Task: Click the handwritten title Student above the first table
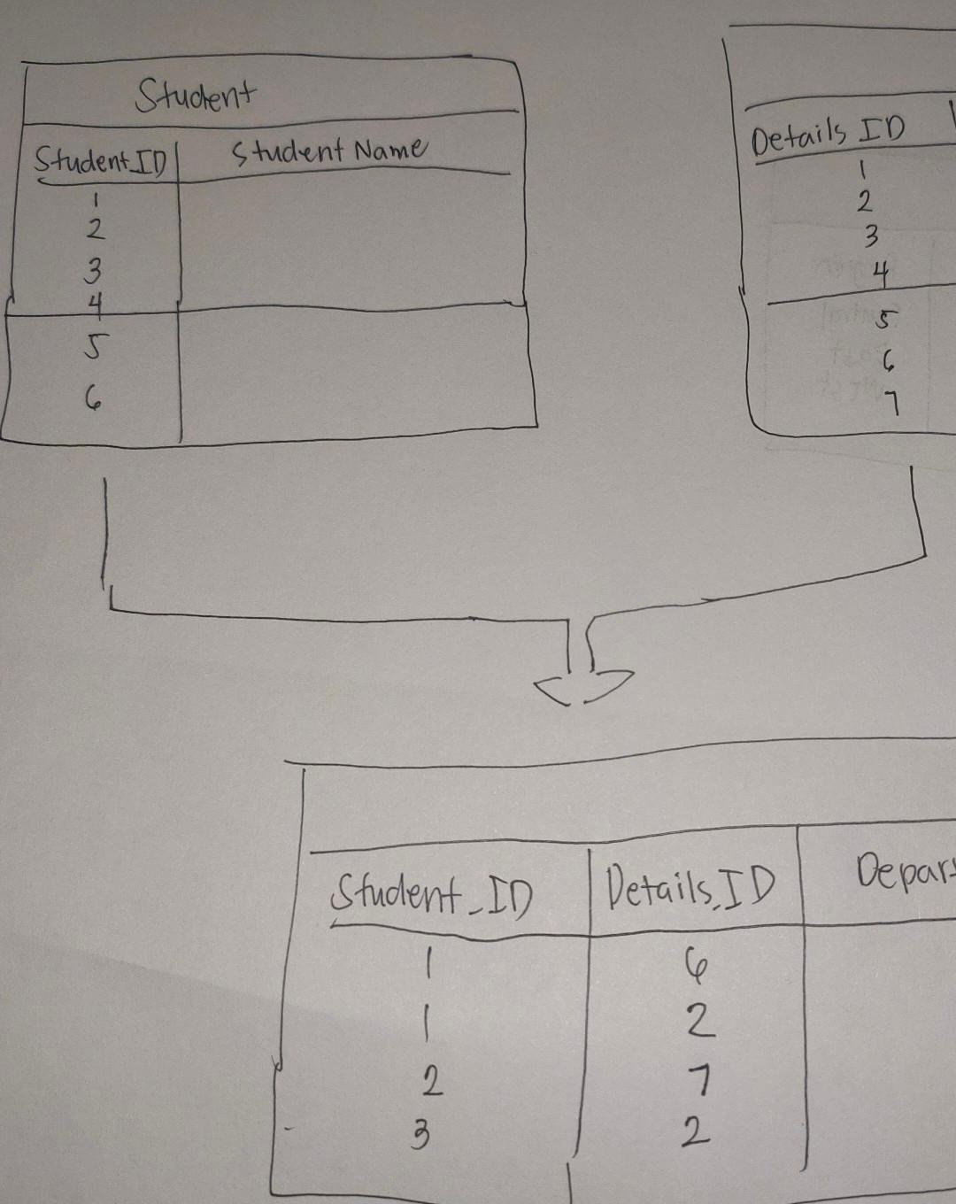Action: (x=196, y=94)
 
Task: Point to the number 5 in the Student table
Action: (x=92, y=348)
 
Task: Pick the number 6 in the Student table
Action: (x=92, y=400)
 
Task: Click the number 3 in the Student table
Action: (x=93, y=266)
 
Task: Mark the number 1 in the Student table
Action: (x=93, y=198)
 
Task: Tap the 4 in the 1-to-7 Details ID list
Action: (x=879, y=274)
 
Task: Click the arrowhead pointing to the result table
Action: (x=585, y=686)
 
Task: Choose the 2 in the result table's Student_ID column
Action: (x=431, y=1081)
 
